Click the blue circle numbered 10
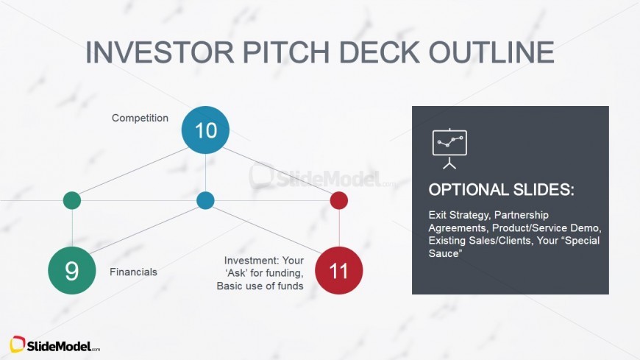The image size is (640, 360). [x=205, y=130]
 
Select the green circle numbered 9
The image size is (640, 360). [x=72, y=270]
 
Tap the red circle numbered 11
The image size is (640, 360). [x=338, y=270]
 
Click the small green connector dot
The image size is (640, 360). [x=72, y=200]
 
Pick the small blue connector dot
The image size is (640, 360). [x=205, y=200]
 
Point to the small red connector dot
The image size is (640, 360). [x=338, y=200]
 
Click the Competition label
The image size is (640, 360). [x=140, y=118]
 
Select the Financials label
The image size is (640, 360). [x=133, y=272]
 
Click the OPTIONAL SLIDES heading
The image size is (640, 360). [x=501, y=189]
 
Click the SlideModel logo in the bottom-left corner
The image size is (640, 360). [x=55, y=345]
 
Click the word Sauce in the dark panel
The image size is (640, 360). [x=444, y=253]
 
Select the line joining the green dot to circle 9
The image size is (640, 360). [x=72, y=227]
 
